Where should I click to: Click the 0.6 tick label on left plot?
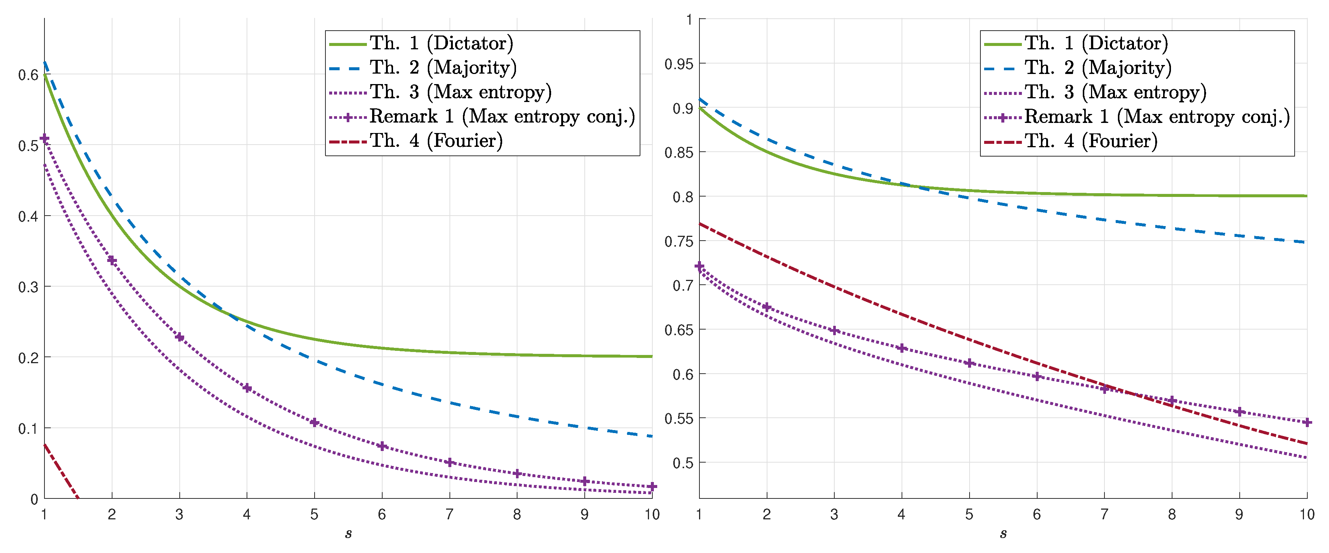tap(28, 75)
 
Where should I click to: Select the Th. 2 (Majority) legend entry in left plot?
tap(443, 68)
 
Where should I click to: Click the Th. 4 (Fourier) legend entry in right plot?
tap(1091, 141)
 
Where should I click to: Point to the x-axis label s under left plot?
tap(348, 534)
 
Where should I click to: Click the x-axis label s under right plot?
tap(1003, 534)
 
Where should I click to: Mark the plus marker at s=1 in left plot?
tap(44, 138)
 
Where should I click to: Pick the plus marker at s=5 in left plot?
tap(314, 423)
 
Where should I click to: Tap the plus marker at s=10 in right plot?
tap(1307, 423)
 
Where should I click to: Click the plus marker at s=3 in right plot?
tap(834, 331)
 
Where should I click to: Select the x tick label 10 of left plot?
tap(652, 514)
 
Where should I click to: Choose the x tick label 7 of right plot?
tap(1104, 514)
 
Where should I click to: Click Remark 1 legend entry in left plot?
tap(501, 117)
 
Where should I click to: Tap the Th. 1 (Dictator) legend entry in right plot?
tap(1096, 43)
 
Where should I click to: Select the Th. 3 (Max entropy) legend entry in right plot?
tap(1115, 92)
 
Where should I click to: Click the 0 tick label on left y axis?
tap(34, 499)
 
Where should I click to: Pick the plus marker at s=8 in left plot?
tap(517, 473)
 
